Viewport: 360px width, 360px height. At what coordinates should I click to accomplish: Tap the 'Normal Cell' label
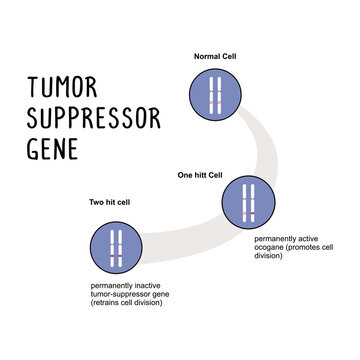pyautogui.click(x=215, y=57)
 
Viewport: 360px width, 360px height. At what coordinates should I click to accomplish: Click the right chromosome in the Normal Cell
pyautogui.click(x=221, y=95)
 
